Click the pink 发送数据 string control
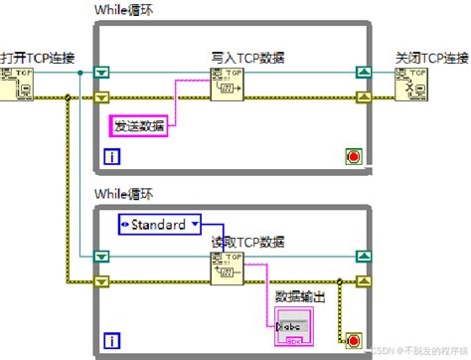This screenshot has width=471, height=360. click(139, 124)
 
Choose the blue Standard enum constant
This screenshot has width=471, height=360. click(159, 224)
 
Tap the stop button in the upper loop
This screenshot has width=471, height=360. click(354, 155)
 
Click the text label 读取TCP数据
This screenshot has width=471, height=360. click(248, 242)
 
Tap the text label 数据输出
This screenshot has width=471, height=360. click(301, 295)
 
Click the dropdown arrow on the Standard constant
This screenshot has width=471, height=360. click(195, 224)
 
